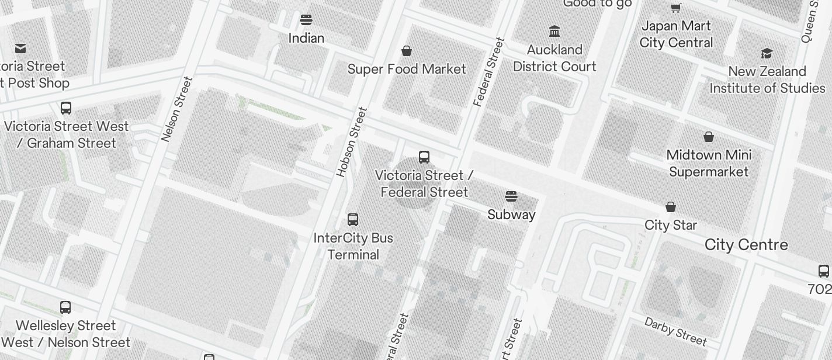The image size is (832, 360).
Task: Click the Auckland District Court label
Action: tap(554, 58)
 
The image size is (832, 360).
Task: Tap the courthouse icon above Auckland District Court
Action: tap(554, 31)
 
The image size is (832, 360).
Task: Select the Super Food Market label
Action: tap(407, 69)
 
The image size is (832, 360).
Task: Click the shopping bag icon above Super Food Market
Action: tap(407, 51)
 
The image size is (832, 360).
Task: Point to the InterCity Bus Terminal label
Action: tap(353, 246)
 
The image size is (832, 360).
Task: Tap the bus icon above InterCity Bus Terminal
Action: tap(353, 219)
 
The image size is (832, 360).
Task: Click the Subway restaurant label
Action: tap(511, 214)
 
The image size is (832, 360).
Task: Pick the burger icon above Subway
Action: tap(511, 196)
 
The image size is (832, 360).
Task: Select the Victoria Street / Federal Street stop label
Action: tap(424, 184)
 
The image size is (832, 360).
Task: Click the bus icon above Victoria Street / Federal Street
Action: tap(424, 157)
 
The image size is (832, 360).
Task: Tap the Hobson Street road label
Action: tap(352, 142)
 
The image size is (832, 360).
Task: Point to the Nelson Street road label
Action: tap(176, 109)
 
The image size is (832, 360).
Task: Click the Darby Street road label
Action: tap(675, 331)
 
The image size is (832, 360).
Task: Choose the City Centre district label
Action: tap(746, 245)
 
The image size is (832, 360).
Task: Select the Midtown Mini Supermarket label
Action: tap(709, 163)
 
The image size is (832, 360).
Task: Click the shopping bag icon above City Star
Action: tap(671, 207)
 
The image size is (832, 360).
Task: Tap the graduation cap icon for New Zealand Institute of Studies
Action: tap(767, 53)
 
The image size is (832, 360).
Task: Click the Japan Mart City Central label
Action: tap(676, 34)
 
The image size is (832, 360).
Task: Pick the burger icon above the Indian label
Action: tap(306, 20)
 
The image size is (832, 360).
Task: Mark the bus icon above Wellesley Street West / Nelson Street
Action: tap(65, 307)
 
